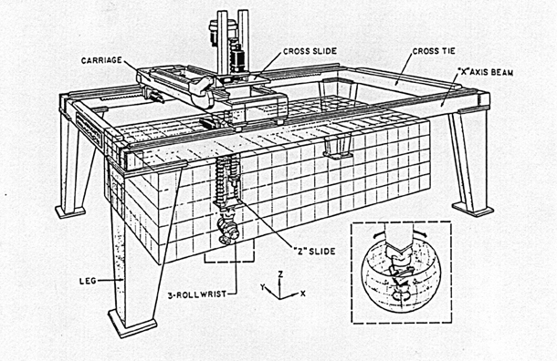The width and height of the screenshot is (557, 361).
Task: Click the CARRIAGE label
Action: click(x=101, y=61)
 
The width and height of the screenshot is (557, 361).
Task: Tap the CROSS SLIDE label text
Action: click(x=310, y=51)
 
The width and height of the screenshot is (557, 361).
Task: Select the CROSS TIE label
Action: click(x=434, y=51)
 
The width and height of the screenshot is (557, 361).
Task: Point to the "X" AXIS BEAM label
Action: click(x=485, y=72)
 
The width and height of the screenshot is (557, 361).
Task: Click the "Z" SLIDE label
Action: click(x=313, y=252)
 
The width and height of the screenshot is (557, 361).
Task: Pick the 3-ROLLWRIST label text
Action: click(x=197, y=294)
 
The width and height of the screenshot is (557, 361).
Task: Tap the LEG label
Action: click(x=88, y=281)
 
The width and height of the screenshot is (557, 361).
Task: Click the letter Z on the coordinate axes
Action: click(x=280, y=273)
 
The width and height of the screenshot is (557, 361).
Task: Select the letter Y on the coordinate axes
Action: click(x=263, y=287)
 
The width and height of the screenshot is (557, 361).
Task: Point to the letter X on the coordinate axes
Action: click(x=302, y=294)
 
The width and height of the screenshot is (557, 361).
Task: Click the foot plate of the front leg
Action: click(x=132, y=324)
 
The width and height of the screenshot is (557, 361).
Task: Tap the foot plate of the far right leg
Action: click(x=472, y=209)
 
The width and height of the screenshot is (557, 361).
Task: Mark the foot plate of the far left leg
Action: click(x=70, y=211)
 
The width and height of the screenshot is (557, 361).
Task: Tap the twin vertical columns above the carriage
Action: click(x=233, y=42)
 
